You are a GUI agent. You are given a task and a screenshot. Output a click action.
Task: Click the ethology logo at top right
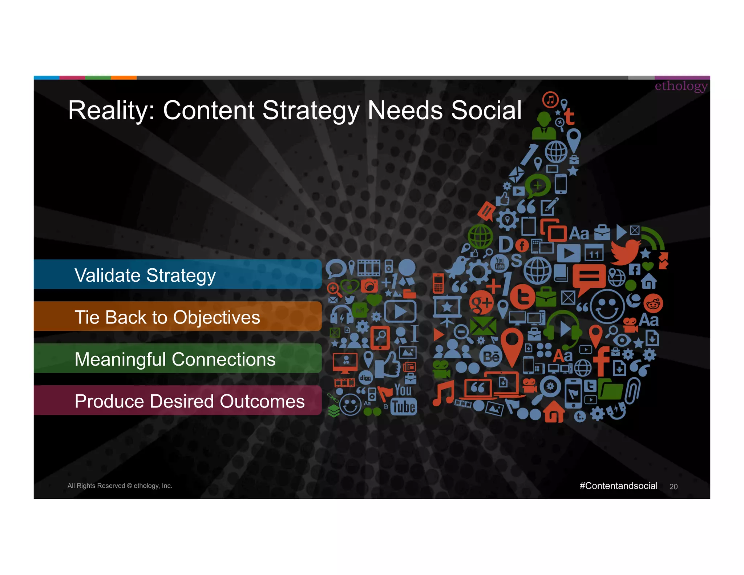point(681,86)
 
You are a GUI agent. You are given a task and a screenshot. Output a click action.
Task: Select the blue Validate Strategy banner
point(177,275)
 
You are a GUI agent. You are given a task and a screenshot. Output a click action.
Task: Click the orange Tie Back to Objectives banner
point(177,317)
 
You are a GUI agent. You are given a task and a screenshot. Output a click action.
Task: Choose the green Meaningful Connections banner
point(177,359)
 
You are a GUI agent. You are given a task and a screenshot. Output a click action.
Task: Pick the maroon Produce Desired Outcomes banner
point(177,401)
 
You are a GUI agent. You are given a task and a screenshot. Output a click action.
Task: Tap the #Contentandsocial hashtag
point(618,486)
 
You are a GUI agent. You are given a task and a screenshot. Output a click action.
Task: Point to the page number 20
point(673,487)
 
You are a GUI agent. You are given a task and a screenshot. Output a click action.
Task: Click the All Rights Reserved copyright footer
point(120,486)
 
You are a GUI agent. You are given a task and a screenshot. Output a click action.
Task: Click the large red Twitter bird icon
point(626,252)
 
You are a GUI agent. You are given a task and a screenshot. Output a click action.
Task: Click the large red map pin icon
point(511,345)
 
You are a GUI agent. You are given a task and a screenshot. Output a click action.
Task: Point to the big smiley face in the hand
point(607,306)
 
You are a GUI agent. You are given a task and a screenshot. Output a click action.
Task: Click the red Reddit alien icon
point(653,304)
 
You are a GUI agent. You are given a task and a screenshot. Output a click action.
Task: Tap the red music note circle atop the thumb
point(550,100)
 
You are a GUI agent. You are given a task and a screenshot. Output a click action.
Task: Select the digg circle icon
point(365,378)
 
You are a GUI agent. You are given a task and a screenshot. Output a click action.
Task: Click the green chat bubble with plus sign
point(538,185)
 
